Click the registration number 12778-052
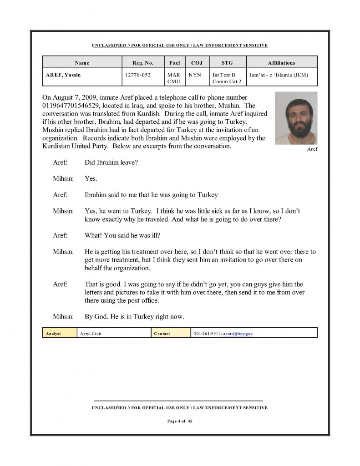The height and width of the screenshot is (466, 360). coord(137,75)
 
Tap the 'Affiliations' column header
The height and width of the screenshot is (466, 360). coord(282,63)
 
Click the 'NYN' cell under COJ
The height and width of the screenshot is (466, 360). coord(195,75)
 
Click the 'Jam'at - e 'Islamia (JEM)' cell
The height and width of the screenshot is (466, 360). coord(279,75)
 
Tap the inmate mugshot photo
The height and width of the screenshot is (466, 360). coord(296,118)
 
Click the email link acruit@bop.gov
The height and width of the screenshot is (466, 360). coord(238,334)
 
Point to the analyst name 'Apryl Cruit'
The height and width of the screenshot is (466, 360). coord(91,334)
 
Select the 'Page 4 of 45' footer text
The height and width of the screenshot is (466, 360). coord(180,421)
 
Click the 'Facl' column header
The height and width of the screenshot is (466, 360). coord(174,63)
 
